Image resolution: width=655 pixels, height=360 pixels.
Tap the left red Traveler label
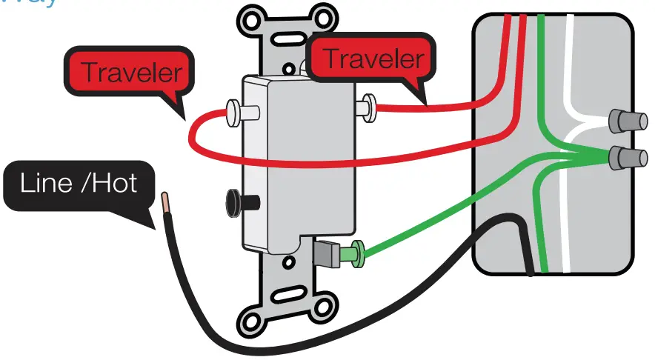coord(130,73)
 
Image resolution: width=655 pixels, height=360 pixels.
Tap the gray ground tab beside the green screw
coord(326,253)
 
